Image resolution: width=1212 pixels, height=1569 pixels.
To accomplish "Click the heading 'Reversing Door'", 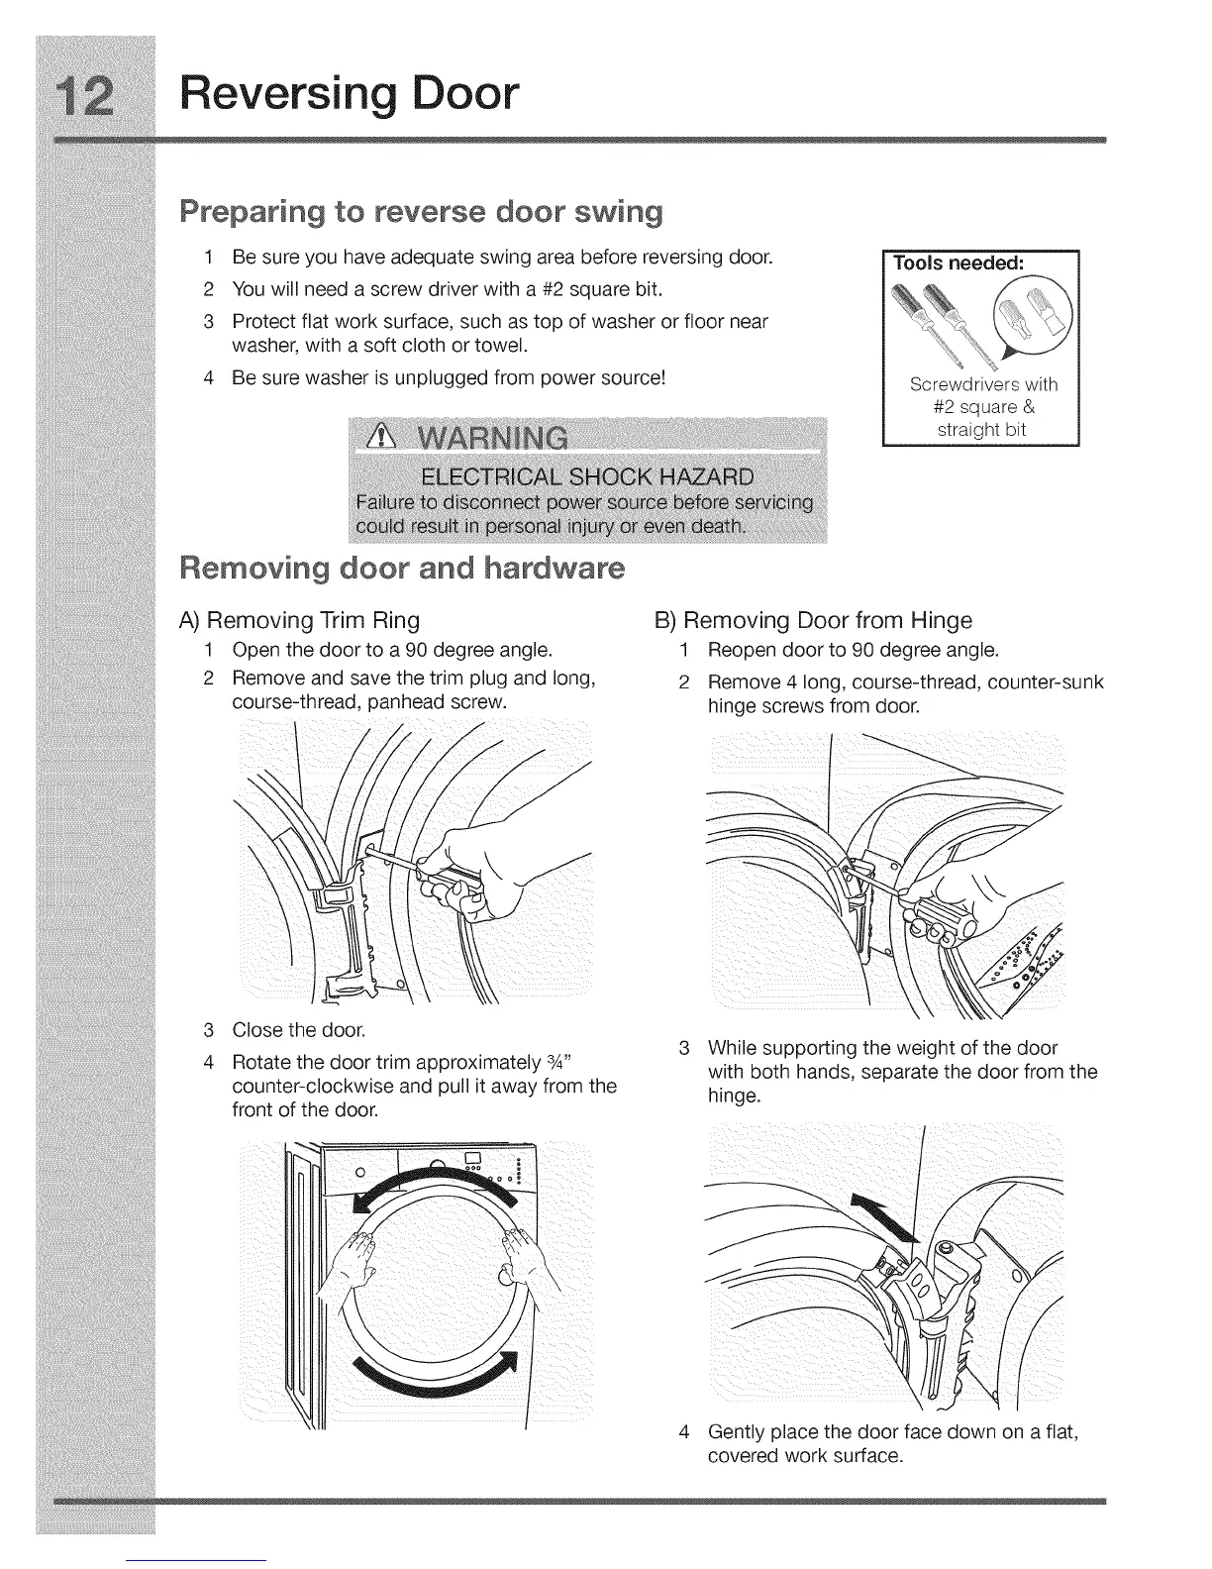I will (x=350, y=94).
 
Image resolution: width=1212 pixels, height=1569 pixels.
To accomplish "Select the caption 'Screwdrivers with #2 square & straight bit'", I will (x=983, y=407).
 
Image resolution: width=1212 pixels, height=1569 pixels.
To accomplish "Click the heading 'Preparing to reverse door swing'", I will (x=421, y=212).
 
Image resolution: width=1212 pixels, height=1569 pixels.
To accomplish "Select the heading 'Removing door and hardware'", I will (x=401, y=569).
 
